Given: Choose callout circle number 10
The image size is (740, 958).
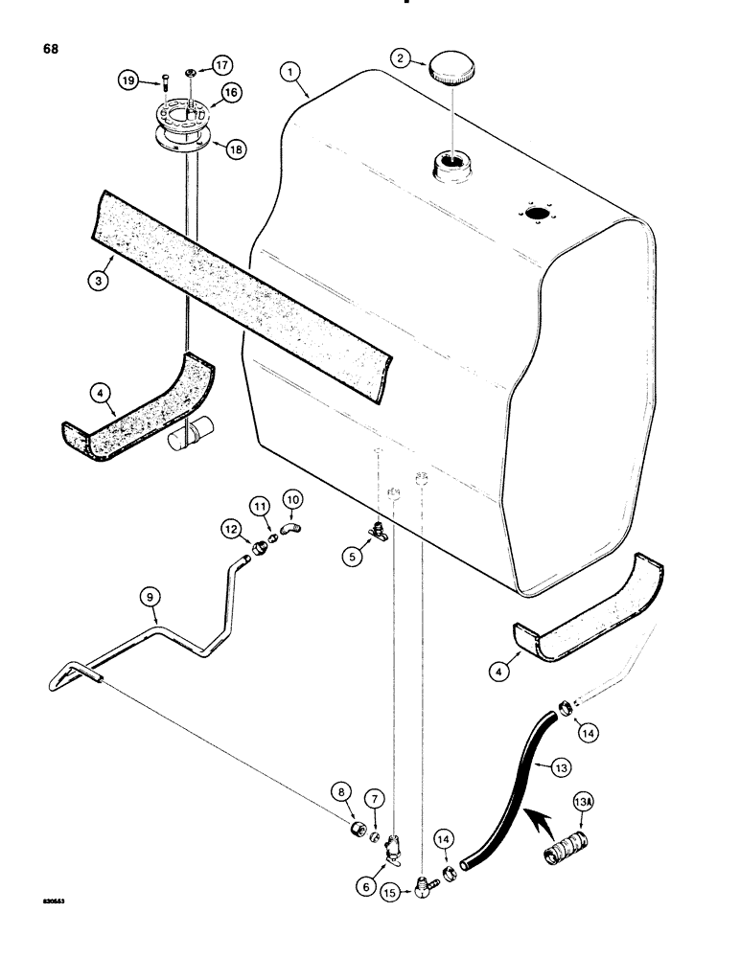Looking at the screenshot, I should click(x=291, y=500).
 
